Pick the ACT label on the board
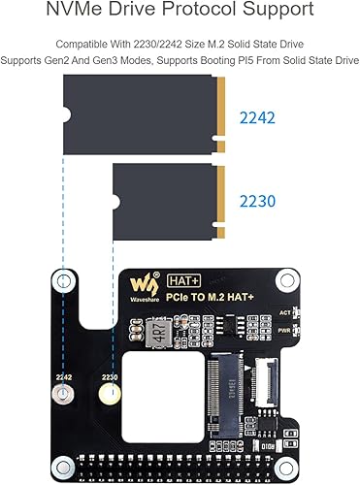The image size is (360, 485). click(x=283, y=312)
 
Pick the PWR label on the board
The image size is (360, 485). click(x=283, y=329)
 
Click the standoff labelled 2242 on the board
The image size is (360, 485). click(x=65, y=394)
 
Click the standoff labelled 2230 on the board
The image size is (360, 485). click(x=111, y=394)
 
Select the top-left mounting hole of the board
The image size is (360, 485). click(x=65, y=282)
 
